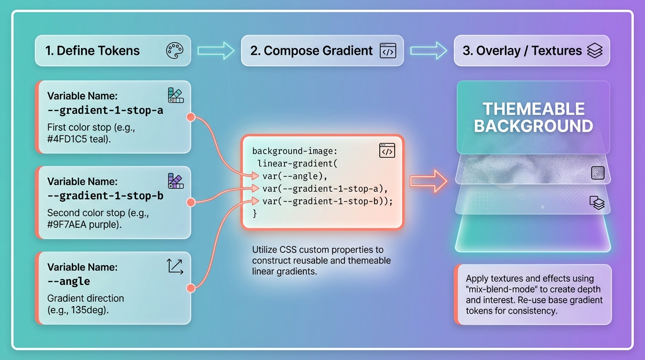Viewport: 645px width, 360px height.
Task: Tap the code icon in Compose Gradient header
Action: pyautogui.click(x=388, y=51)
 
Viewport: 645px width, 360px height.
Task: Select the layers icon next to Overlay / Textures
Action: pyautogui.click(x=594, y=51)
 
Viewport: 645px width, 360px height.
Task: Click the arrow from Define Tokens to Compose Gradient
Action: pyautogui.click(x=216, y=50)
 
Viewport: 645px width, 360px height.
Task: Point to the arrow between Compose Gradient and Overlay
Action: pyautogui.click(x=428, y=50)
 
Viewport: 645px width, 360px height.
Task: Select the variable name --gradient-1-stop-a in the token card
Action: pyautogui.click(x=105, y=111)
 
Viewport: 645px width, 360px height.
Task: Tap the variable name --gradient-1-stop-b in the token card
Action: pyautogui.click(x=105, y=196)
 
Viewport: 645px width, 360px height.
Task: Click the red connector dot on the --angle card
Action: pyautogui.click(x=191, y=288)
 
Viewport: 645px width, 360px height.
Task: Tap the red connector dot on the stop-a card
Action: pyautogui.click(x=191, y=117)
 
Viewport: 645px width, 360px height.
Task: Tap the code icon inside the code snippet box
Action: pyautogui.click(x=387, y=151)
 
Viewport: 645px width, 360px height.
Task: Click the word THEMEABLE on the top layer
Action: pyautogui.click(x=533, y=109)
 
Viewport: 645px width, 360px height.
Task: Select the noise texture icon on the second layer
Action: pyautogui.click(x=598, y=173)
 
